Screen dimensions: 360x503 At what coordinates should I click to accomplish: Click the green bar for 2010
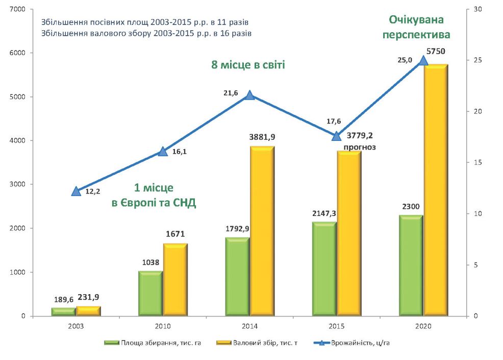[x=150, y=294]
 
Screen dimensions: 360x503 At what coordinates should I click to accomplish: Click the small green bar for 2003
[x=64, y=312]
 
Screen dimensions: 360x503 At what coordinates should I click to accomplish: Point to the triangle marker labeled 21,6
[x=249, y=95]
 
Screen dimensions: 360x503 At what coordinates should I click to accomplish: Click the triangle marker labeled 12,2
[x=76, y=191]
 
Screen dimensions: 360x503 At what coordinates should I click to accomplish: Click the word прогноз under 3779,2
[x=360, y=147]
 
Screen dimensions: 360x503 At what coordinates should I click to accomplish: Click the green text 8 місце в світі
[x=248, y=65]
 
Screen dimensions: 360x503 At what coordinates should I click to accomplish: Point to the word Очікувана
[x=417, y=20]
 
